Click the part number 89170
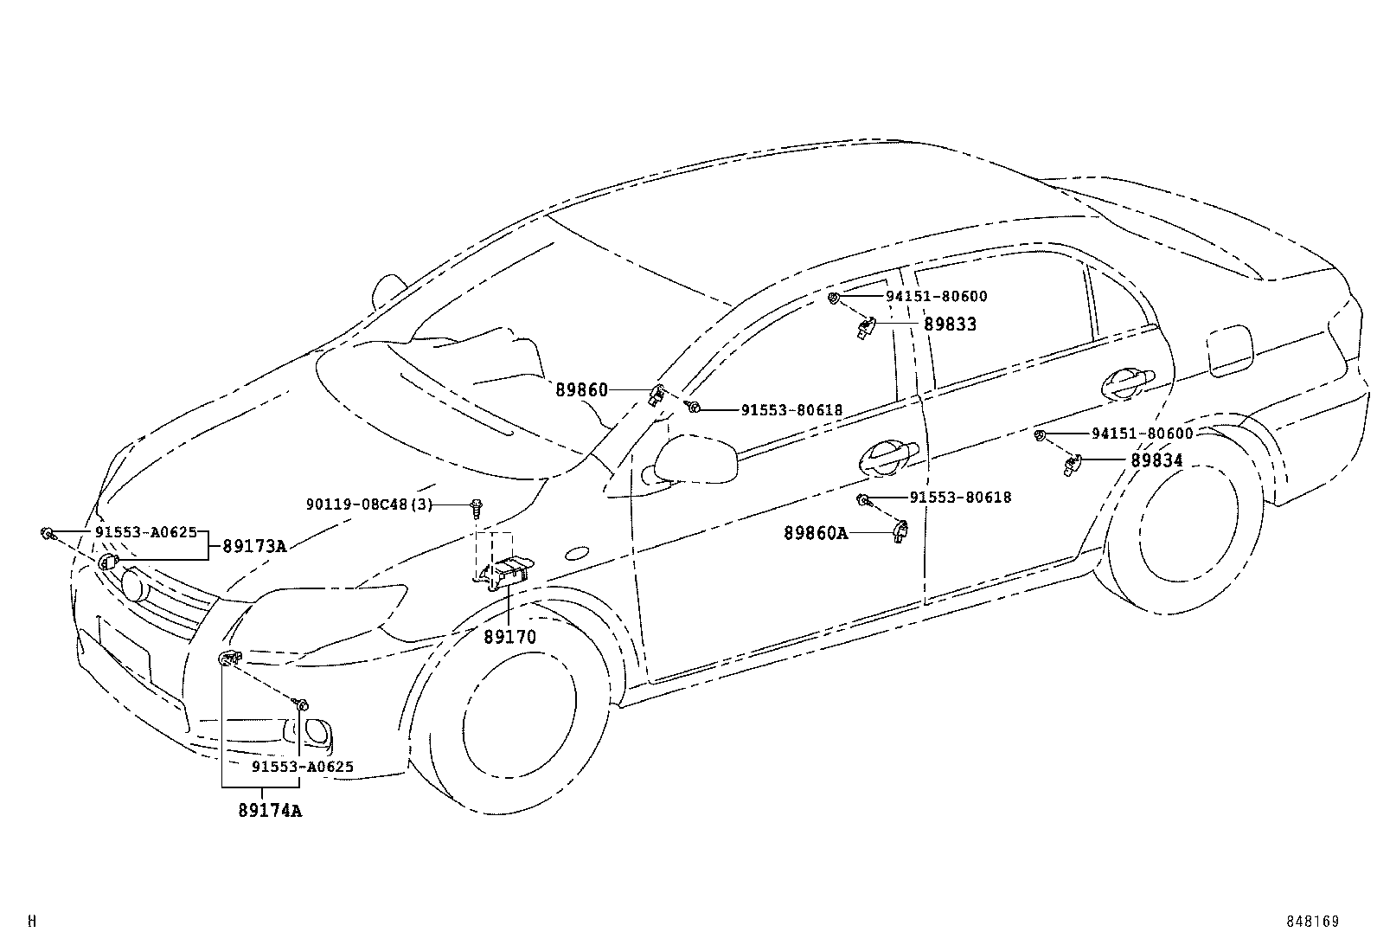click(509, 638)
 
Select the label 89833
click(950, 324)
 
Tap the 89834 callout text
click(1156, 461)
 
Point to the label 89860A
click(816, 534)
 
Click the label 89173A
click(254, 546)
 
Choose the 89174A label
click(270, 812)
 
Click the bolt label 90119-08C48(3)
click(368, 504)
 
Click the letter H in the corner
click(32, 922)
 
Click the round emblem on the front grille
click(134, 583)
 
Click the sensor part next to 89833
click(866, 328)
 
